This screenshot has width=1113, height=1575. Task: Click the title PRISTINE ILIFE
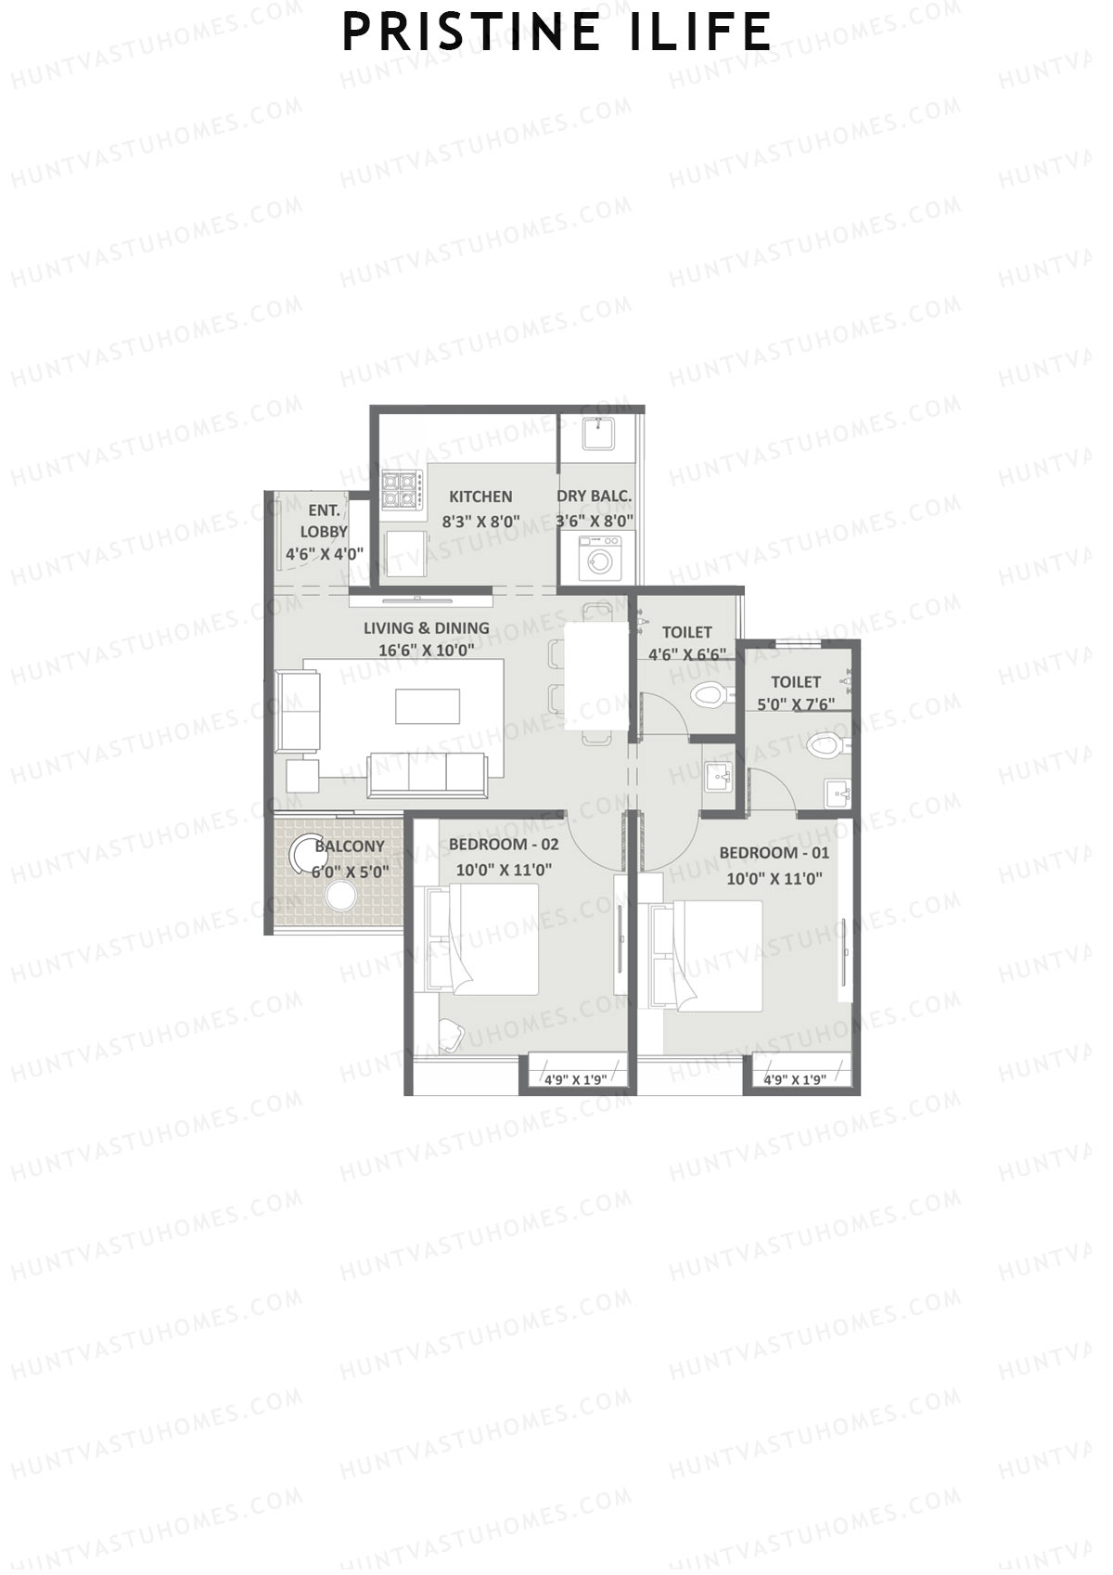click(x=556, y=32)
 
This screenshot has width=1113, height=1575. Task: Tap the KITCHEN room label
click(x=480, y=497)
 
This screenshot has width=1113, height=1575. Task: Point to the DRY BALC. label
click(x=595, y=497)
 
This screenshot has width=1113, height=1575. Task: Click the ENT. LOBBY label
click(x=324, y=521)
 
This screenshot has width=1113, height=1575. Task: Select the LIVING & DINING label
click(x=426, y=628)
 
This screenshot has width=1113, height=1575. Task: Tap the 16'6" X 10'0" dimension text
click(x=426, y=650)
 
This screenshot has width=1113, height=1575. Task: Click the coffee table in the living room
click(x=427, y=705)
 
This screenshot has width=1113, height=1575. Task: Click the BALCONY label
click(x=350, y=846)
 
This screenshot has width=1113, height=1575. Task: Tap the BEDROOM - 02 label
click(x=504, y=845)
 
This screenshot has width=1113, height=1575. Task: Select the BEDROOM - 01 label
click(x=774, y=853)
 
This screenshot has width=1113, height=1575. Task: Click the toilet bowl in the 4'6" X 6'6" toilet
click(x=709, y=694)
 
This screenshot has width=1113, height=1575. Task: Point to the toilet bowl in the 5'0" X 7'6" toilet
click(x=824, y=745)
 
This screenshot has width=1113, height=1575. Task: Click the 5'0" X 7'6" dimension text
click(x=796, y=704)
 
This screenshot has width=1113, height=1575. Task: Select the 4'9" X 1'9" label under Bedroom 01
click(x=795, y=1079)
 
